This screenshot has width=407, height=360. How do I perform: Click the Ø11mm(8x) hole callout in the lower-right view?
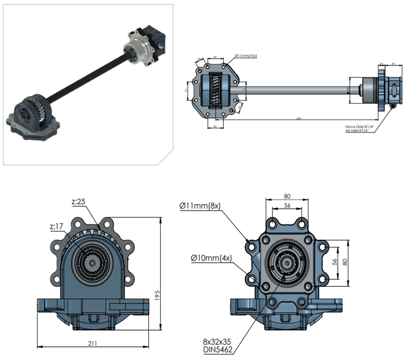tap(200, 205)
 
